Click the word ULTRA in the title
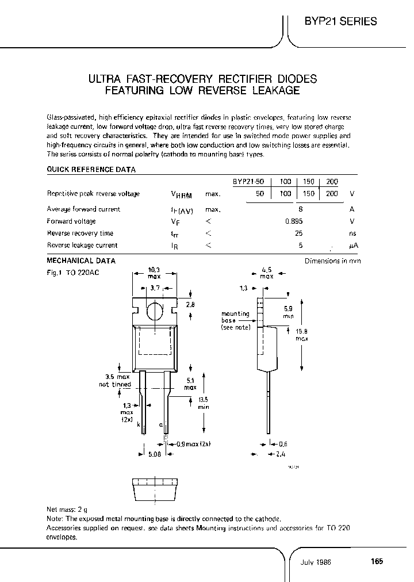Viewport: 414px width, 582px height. pyautogui.click(x=103, y=79)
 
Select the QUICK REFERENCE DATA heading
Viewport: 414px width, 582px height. pyautogui.click(x=91, y=170)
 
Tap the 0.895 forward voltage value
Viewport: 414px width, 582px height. pyautogui.click(x=294, y=221)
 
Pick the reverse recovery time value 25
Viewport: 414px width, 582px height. pyautogui.click(x=298, y=233)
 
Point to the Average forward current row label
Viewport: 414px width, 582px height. pyautogui.click(x=83, y=209)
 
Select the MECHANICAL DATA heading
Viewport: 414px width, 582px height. pyautogui.click(x=81, y=261)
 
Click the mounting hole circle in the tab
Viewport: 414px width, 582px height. pyautogui.click(x=155, y=311)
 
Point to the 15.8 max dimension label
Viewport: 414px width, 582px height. pyautogui.click(x=302, y=335)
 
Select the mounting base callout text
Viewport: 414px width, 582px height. pyautogui.click(x=236, y=320)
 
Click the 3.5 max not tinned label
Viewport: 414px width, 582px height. pyautogui.click(x=114, y=380)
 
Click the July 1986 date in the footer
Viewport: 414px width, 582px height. pyautogui.click(x=316, y=562)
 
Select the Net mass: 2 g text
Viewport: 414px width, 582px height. pyautogui.click(x=67, y=510)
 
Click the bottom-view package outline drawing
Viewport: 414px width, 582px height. pyautogui.click(x=155, y=488)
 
